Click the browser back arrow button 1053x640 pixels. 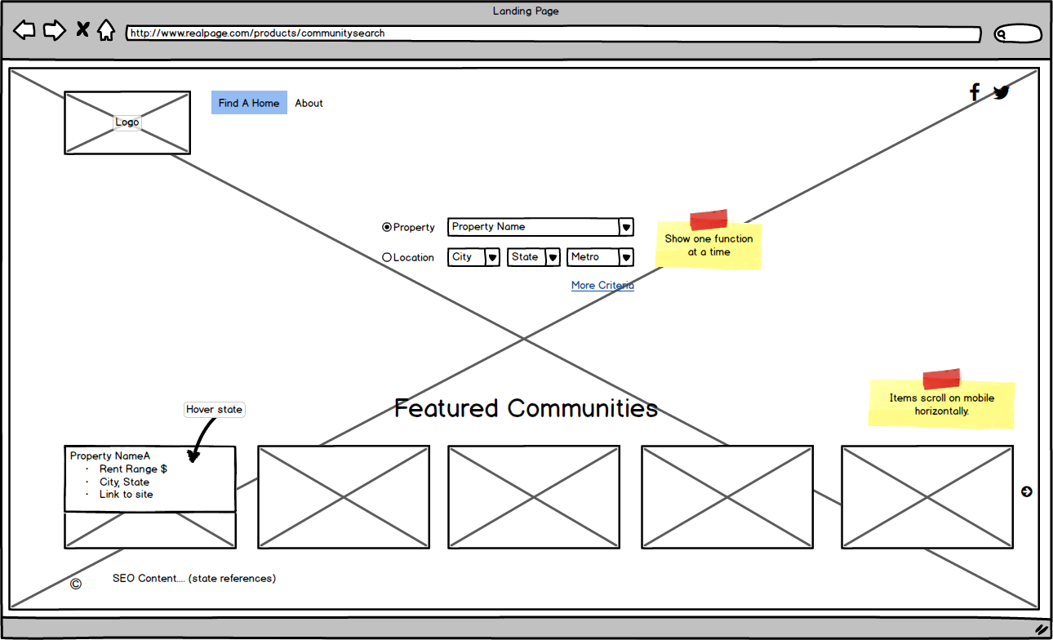click(x=24, y=31)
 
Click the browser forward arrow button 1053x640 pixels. click(x=54, y=31)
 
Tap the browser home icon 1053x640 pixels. click(x=106, y=31)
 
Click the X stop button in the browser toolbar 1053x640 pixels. click(x=82, y=30)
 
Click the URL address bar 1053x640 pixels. click(x=552, y=34)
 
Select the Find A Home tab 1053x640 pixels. click(x=249, y=103)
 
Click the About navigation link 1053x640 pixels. click(x=309, y=103)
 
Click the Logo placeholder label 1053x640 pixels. click(x=127, y=122)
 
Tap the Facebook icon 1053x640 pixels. click(x=974, y=91)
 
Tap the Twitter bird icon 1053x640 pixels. click(x=1002, y=92)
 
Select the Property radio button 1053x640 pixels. click(x=387, y=227)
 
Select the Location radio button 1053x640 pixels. click(x=387, y=257)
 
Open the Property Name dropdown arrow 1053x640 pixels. click(x=626, y=228)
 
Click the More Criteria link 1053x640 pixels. click(x=602, y=285)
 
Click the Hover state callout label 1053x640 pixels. click(x=214, y=410)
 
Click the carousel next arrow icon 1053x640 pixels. click(x=1026, y=491)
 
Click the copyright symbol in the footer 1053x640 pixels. click(x=76, y=583)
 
